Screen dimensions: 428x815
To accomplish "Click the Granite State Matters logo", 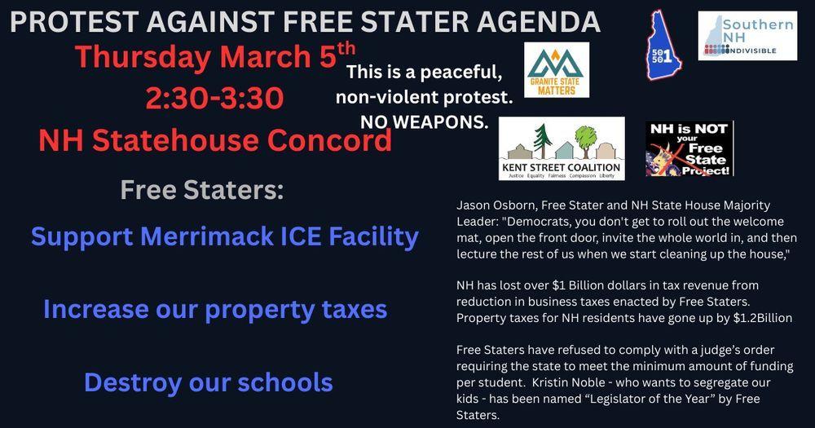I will [557, 70].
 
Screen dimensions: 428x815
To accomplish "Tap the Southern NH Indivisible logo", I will [747, 36].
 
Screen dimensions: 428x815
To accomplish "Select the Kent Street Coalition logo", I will [562, 148].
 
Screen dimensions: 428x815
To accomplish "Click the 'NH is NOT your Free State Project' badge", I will [689, 148].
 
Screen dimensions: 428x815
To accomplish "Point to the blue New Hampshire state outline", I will [663, 45].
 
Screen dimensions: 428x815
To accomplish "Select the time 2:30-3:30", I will [214, 99].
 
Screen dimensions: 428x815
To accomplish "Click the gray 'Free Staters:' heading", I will [202, 190].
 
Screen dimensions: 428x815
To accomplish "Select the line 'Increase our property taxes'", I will [214, 310].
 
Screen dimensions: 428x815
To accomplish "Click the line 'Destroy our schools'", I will [208, 382].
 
